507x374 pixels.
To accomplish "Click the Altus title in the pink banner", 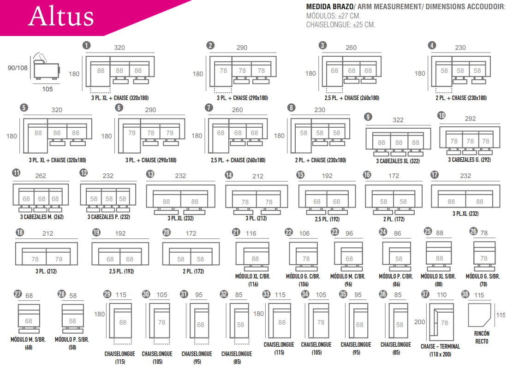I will pos(61,17).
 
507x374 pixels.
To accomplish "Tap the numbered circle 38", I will pos(465,294).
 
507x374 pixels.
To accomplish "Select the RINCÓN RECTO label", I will pos(481,337).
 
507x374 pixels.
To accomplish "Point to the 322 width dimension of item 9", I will pos(398,120).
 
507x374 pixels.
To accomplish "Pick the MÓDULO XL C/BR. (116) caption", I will pos(253,280).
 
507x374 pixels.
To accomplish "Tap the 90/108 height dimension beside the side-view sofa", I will pos(18,68).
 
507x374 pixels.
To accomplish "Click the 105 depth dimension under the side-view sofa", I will pos(47,89).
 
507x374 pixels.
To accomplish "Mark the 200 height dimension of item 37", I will pos(420,322).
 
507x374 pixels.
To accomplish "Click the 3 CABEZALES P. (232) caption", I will pos(108,216).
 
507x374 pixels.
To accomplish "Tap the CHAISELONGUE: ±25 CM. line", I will pos(340,25).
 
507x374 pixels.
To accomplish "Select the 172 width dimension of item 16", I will pos(394,176).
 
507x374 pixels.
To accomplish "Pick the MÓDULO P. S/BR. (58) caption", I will pos(72,343).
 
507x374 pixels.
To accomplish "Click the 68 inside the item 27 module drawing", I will pos(29,321).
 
